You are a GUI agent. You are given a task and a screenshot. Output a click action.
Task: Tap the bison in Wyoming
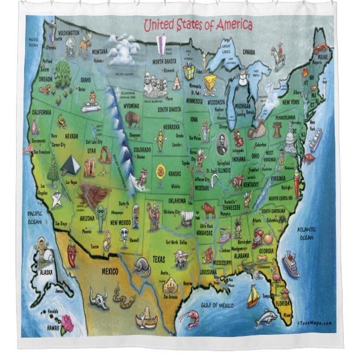coord(132,119)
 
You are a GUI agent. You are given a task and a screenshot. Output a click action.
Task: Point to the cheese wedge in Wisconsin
coord(210,83)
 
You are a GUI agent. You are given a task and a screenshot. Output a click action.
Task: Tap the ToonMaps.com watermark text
coord(315,323)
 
